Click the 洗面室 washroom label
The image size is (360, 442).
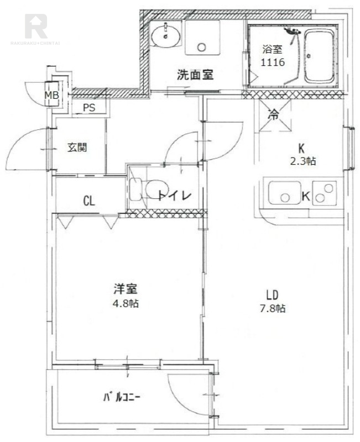pyautogui.click(x=195, y=75)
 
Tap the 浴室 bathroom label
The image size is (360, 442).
pyautogui.click(x=272, y=49)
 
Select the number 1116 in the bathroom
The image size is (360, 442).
pyautogui.click(x=272, y=62)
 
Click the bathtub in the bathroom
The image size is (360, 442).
pyautogui.click(x=319, y=56)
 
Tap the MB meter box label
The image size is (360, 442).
pyautogui.click(x=52, y=95)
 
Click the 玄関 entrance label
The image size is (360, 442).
pyautogui.click(x=77, y=148)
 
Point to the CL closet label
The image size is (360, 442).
pyautogui.click(x=89, y=201)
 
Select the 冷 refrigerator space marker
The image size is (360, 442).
pyautogui.click(x=273, y=115)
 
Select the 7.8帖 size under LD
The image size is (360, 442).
pyautogui.click(x=273, y=309)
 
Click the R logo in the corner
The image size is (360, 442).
pyautogui.click(x=36, y=25)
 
